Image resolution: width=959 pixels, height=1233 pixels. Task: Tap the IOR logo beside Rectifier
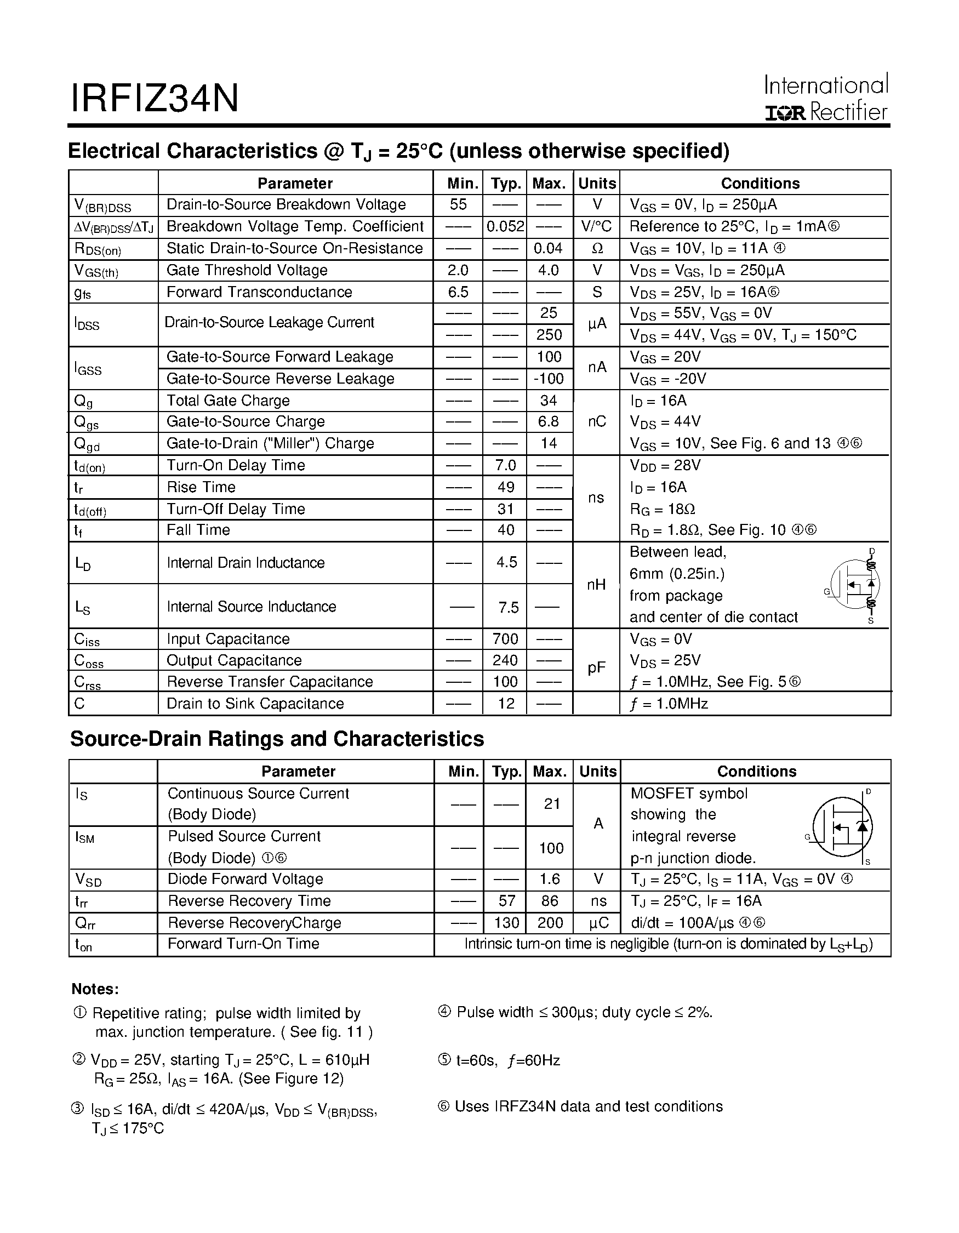pos(785,113)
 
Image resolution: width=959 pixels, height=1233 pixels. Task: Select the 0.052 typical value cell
pos(505,226)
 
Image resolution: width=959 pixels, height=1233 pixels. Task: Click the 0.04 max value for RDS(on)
pos(549,248)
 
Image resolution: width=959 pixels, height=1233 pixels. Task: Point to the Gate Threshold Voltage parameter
pos(247,270)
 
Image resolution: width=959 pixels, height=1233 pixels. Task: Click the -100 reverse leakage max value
pos(549,379)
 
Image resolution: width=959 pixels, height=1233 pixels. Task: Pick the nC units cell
pos(597,422)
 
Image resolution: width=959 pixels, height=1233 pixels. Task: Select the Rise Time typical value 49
pos(506,487)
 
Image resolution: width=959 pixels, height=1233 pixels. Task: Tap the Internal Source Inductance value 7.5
pos(508,608)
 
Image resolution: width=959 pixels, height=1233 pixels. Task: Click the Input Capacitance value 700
pos(505,639)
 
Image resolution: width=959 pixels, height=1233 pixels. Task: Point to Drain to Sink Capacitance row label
pos(255,704)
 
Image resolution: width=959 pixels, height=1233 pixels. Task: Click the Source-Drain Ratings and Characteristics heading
pos(277,739)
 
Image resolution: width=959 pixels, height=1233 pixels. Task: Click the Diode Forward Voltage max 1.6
pos(550,879)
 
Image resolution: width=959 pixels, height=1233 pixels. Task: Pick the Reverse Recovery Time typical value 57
pos(507,901)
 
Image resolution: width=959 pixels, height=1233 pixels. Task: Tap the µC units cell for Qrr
pos(598,923)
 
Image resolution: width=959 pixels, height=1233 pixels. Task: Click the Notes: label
pos(95,989)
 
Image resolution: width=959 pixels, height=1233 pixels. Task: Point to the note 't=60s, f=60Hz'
pos(500,1061)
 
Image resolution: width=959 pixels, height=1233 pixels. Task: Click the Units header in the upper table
pos(597,184)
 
